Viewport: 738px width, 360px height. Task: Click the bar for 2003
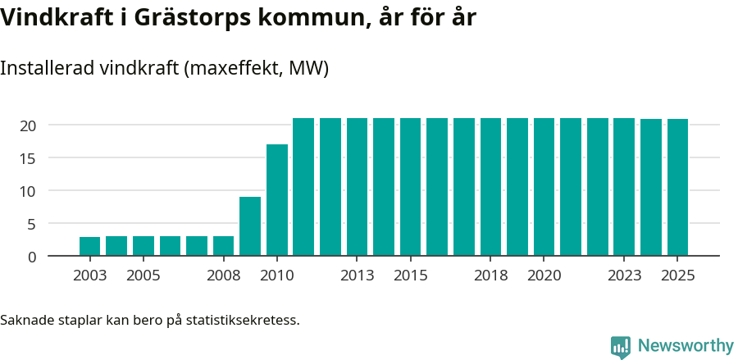pos(90,246)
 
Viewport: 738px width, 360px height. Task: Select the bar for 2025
pos(677,188)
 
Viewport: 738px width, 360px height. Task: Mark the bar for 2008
pos(224,246)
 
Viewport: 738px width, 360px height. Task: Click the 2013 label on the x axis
pos(358,276)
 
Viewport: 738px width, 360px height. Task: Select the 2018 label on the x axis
pos(491,276)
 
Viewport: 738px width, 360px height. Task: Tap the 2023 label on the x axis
pos(624,276)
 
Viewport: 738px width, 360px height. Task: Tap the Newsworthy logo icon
pos(621,347)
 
